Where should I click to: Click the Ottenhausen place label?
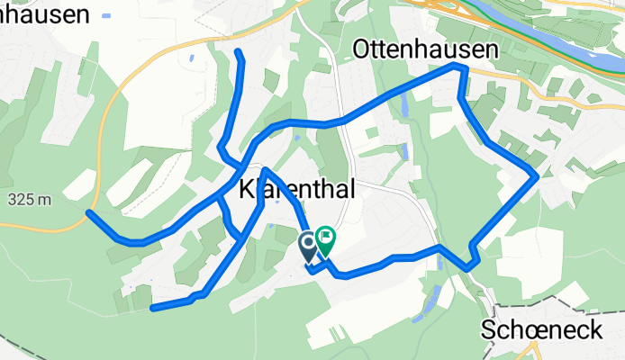(x=425, y=49)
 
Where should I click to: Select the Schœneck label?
(x=541, y=329)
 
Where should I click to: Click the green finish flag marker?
(x=324, y=239)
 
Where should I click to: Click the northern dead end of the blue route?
(x=239, y=54)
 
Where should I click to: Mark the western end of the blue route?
(x=88, y=212)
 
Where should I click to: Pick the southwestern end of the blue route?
(x=152, y=309)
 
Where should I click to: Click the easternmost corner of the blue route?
(x=537, y=176)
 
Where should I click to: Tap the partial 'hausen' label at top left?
(x=45, y=13)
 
